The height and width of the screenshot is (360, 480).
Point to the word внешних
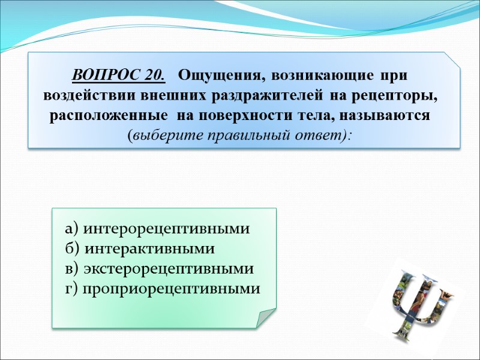(x=150, y=96)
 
